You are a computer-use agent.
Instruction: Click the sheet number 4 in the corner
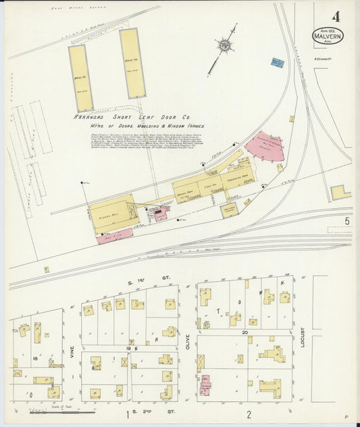pyautogui.click(x=335, y=16)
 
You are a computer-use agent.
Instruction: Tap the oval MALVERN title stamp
pyautogui.click(x=328, y=36)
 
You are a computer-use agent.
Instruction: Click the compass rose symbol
pyautogui.click(x=224, y=45)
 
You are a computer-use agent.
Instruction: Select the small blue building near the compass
pyautogui.click(x=277, y=63)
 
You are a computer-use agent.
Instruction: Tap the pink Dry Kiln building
pyautogui.click(x=115, y=236)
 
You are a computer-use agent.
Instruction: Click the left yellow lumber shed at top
pyautogui.click(x=80, y=78)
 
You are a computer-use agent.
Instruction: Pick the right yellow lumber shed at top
pyautogui.click(x=132, y=63)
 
